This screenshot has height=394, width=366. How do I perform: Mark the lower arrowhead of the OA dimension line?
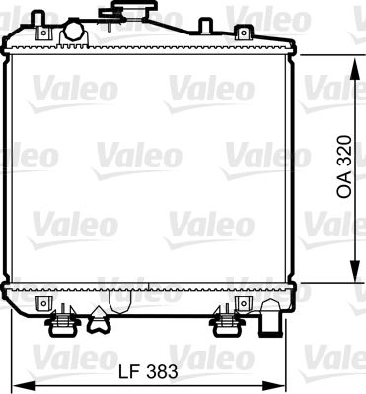pyautogui.click(x=352, y=277)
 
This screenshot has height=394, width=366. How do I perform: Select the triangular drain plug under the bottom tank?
pyautogui.click(x=99, y=317)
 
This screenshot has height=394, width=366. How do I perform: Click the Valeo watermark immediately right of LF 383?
pyautogui.click(x=206, y=353)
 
